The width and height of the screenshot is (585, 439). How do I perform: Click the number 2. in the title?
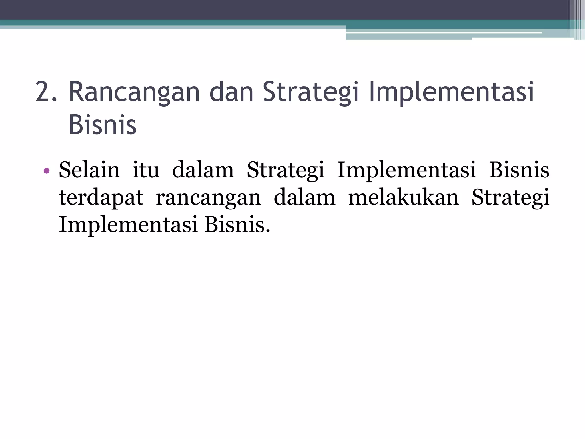(x=46, y=92)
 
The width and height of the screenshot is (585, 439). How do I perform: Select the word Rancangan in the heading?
(x=134, y=92)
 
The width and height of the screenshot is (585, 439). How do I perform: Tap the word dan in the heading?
(x=231, y=92)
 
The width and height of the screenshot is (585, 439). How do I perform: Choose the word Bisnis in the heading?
(x=103, y=125)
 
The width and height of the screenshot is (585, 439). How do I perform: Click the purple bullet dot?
(x=47, y=171)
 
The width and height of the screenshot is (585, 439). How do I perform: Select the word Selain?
(x=89, y=170)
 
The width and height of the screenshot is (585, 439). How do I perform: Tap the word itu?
(x=146, y=170)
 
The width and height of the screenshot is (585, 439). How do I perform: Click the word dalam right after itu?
(x=203, y=170)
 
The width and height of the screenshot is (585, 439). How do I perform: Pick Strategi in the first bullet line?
(x=285, y=171)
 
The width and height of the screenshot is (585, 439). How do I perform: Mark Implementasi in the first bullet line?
(x=406, y=171)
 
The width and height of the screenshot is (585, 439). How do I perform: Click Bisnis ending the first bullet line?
(x=519, y=170)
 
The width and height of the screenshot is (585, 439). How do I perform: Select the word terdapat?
(x=101, y=198)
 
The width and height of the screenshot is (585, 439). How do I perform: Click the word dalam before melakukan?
(x=304, y=197)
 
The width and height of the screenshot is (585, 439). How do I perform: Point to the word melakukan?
(x=403, y=197)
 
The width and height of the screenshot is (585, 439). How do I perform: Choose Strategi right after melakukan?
(x=510, y=198)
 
